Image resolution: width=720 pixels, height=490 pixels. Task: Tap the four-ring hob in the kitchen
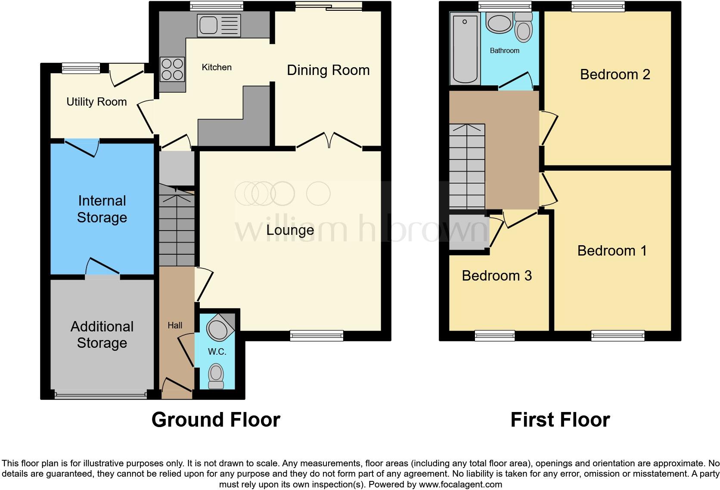(172, 69)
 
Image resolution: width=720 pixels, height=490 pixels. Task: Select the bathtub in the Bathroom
(465, 48)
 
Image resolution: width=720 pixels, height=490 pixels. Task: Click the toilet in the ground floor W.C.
(216, 375)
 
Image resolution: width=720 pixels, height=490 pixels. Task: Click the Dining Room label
(328, 70)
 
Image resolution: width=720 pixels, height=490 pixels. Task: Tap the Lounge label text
(290, 230)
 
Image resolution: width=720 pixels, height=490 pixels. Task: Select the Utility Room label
(96, 102)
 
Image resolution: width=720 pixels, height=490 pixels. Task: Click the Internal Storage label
(102, 209)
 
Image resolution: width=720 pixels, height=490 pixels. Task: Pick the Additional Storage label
(102, 334)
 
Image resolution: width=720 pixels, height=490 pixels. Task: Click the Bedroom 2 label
(614, 75)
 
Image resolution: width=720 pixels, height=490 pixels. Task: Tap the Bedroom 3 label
(497, 276)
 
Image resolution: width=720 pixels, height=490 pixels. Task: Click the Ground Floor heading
(216, 420)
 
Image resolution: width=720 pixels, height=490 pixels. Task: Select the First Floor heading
(560, 420)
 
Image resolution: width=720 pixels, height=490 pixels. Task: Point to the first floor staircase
(467, 166)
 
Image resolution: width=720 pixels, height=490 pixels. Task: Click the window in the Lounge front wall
(317, 335)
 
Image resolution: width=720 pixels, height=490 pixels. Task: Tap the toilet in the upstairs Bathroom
(524, 28)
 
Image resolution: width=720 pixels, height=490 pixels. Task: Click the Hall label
(175, 326)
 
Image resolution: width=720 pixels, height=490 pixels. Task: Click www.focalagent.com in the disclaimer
(460, 484)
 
